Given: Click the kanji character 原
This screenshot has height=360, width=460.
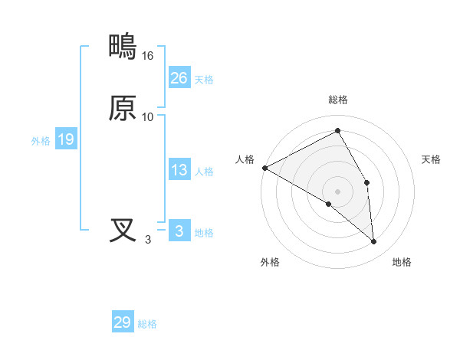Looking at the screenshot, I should tap(123, 108).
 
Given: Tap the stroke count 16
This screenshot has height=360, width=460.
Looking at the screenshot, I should tap(148, 56).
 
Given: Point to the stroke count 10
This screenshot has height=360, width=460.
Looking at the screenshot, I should tap(148, 116).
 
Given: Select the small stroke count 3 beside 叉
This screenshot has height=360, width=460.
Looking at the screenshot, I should tap(148, 239).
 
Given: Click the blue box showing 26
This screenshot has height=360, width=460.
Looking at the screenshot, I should tap(179, 77).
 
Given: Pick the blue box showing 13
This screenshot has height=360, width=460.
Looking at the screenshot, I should tap(179, 170).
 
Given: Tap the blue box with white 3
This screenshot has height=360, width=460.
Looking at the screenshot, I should tap(179, 231).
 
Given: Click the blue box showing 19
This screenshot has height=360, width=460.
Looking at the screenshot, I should tap(65, 139).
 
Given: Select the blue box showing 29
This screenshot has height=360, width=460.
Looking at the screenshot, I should tap(122, 322).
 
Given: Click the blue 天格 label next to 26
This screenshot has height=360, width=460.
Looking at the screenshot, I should tap(204, 79).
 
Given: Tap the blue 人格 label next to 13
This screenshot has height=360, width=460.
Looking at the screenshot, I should tap(204, 172).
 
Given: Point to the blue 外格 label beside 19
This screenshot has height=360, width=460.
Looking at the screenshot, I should tap(41, 141).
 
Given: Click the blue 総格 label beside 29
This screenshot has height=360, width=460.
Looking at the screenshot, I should tap(147, 324).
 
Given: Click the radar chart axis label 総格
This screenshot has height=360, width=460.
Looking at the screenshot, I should tap(338, 100).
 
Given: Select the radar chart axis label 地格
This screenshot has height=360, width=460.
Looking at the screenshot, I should tap(402, 262).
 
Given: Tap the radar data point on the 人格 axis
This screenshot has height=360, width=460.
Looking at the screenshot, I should tap(264, 168).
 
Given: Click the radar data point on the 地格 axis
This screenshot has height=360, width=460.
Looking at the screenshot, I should tap(373, 241).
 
